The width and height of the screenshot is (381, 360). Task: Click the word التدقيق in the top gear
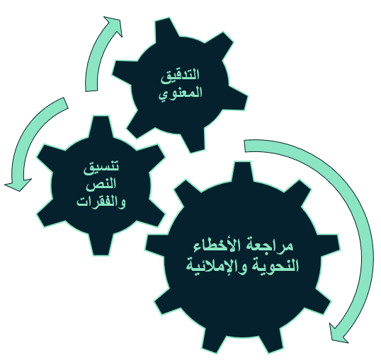[x=180, y=75]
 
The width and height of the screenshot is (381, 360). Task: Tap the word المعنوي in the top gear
[x=181, y=94]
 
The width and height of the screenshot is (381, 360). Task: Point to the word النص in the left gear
[x=101, y=184]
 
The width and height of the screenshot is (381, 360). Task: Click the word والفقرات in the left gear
[x=101, y=202]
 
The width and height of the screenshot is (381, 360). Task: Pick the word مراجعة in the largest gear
[x=274, y=246]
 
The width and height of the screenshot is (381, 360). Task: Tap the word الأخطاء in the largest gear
[x=222, y=246]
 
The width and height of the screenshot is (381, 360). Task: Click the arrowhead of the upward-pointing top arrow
[x=114, y=25]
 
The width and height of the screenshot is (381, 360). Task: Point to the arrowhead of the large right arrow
[x=339, y=334]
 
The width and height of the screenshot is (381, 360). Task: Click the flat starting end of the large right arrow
[x=245, y=146]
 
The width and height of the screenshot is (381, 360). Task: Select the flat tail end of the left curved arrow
[x=66, y=103]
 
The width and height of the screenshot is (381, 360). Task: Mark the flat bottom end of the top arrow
[x=91, y=91]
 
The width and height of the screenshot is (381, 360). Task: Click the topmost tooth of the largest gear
[x=242, y=172]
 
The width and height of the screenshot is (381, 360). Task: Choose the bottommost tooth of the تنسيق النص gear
[x=101, y=245]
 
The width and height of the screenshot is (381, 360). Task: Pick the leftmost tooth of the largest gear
[x=155, y=243]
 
